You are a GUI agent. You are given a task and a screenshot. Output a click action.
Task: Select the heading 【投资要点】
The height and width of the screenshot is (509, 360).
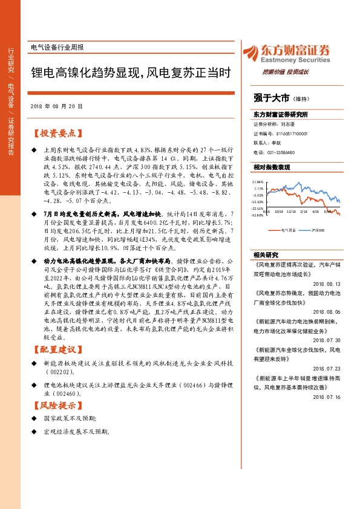tap(57, 133)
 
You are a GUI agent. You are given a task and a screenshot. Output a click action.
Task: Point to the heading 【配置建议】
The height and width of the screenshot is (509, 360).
tap(57, 349)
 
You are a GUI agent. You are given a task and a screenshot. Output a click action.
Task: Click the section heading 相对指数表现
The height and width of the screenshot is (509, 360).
tap(272, 166)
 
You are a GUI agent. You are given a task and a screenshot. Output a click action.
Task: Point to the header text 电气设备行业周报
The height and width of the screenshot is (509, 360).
tap(57, 47)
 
